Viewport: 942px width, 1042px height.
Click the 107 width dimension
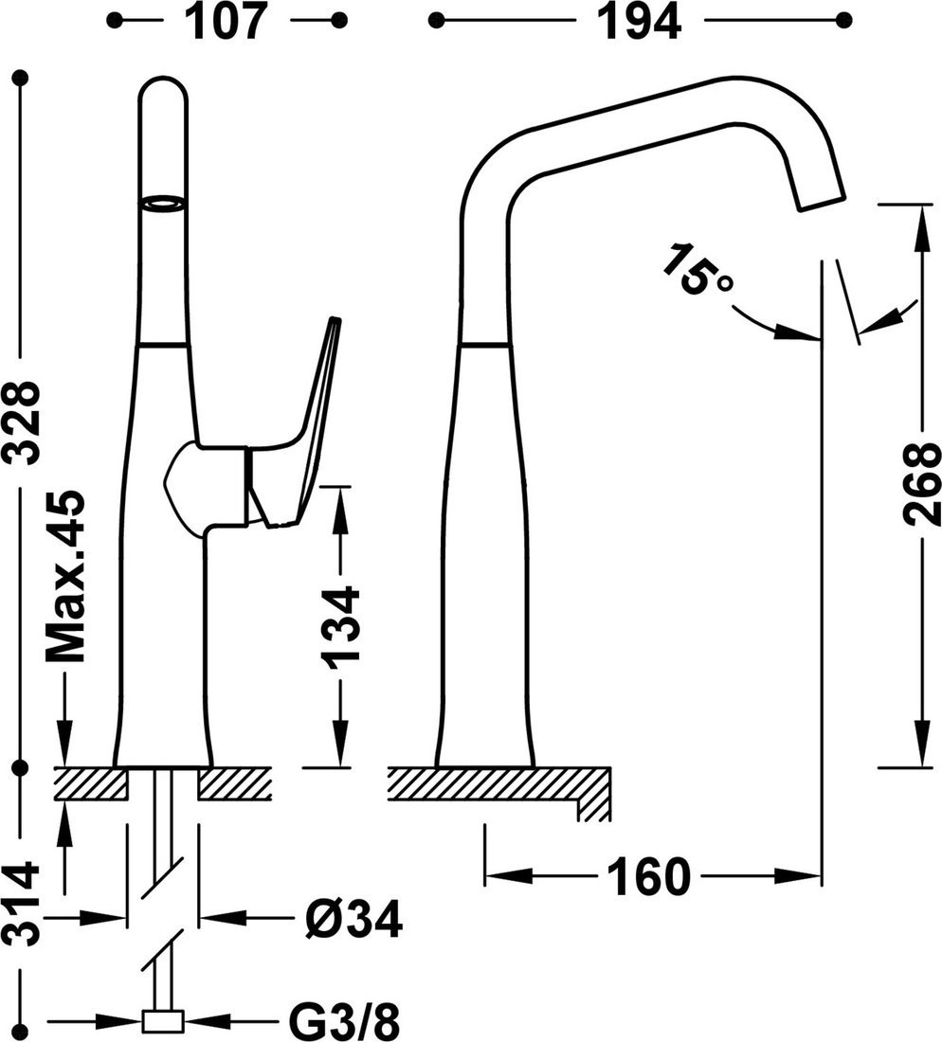226,22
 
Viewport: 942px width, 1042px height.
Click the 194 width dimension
639,22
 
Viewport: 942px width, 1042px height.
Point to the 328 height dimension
23,422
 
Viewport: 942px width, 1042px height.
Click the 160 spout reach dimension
649,876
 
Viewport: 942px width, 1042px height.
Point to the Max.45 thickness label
65,577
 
